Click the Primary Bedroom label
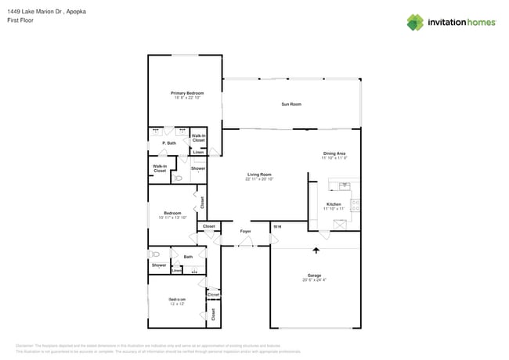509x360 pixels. pyautogui.click(x=187, y=93)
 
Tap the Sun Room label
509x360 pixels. pyautogui.click(x=291, y=104)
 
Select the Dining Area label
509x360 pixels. pyautogui.click(x=334, y=153)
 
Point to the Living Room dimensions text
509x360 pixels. pyautogui.click(x=259, y=179)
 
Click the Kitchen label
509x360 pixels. pyautogui.click(x=334, y=204)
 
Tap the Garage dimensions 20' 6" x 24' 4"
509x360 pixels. pyautogui.click(x=315, y=279)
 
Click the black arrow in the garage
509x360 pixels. pyautogui.click(x=316, y=250)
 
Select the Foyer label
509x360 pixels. pyautogui.click(x=245, y=231)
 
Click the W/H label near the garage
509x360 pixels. pyautogui.click(x=276, y=227)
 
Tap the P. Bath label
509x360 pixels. pyautogui.click(x=169, y=143)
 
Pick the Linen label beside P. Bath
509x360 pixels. pyautogui.click(x=198, y=152)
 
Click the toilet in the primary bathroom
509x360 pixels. pyautogui.click(x=179, y=178)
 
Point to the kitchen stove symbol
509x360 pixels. pyautogui.click(x=356, y=206)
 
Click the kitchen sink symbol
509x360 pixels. pyautogui.click(x=342, y=185)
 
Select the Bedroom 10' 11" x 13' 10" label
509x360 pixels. pyautogui.click(x=172, y=215)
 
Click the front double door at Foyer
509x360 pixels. pyautogui.click(x=245, y=245)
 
